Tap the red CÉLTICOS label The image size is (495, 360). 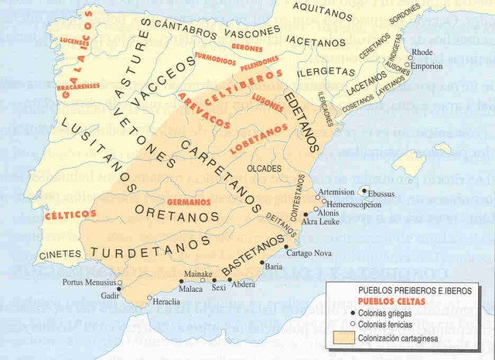tap(70, 214)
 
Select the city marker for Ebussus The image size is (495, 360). tap(364, 190)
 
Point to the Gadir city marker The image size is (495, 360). tap(119, 289)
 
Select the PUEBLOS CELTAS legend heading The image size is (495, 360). tap(387, 300)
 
